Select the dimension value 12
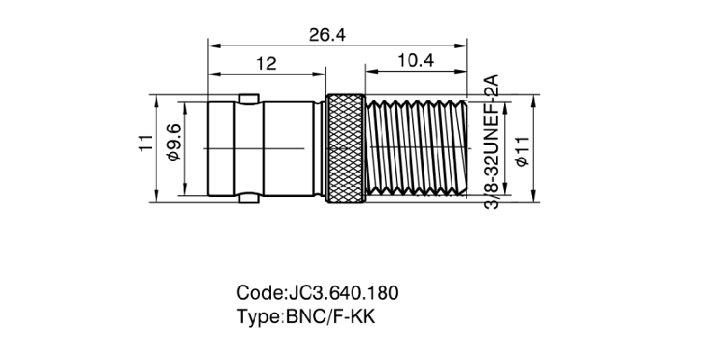click(x=265, y=63)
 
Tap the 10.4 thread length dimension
click(x=415, y=61)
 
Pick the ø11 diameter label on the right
click(x=522, y=148)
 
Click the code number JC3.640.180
click(x=343, y=293)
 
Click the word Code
click(x=258, y=293)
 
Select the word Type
click(x=259, y=317)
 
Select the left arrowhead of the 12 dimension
click(x=212, y=74)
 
